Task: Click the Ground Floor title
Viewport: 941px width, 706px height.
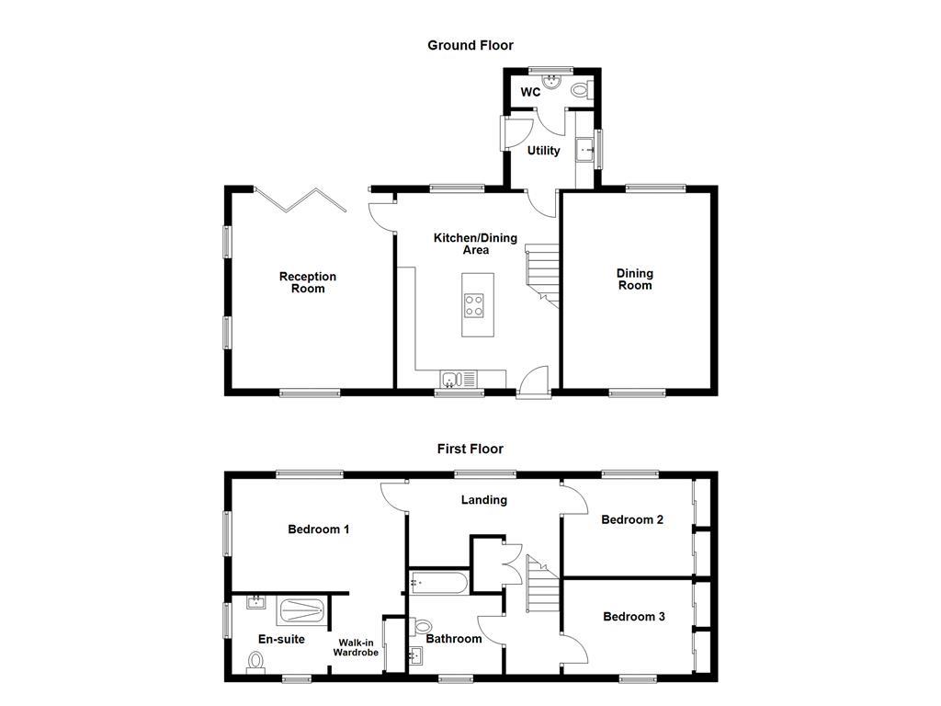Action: [x=470, y=45]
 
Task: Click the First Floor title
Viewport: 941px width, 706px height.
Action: [x=470, y=450]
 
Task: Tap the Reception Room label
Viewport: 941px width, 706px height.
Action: [x=308, y=282]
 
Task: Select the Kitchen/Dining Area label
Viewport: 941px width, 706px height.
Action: [x=475, y=244]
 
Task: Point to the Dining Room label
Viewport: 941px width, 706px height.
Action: [x=634, y=279]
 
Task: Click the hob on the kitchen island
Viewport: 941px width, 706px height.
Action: [x=476, y=304]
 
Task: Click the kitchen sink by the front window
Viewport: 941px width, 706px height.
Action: [x=452, y=378]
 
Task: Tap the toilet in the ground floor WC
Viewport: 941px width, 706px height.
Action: [x=581, y=90]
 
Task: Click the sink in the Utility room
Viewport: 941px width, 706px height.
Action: [x=584, y=148]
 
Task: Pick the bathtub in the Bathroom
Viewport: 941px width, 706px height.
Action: [x=438, y=581]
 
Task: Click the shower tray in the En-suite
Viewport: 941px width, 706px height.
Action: [x=301, y=609]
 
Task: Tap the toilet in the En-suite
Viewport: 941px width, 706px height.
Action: [x=256, y=660]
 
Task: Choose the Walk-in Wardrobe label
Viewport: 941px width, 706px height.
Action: [x=356, y=647]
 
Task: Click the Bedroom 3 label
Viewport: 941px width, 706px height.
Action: [x=633, y=617]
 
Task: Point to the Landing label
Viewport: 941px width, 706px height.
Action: [x=483, y=500]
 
